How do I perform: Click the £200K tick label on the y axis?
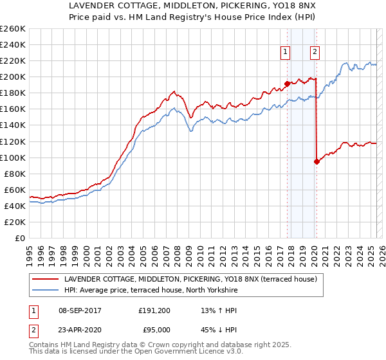(x=13, y=76)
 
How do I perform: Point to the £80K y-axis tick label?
(x=15, y=174)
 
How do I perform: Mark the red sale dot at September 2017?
(x=287, y=84)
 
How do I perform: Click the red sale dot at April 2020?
(x=317, y=161)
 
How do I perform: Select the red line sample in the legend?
(x=44, y=280)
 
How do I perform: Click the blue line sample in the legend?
(x=44, y=291)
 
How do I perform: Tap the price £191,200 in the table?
(x=154, y=311)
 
